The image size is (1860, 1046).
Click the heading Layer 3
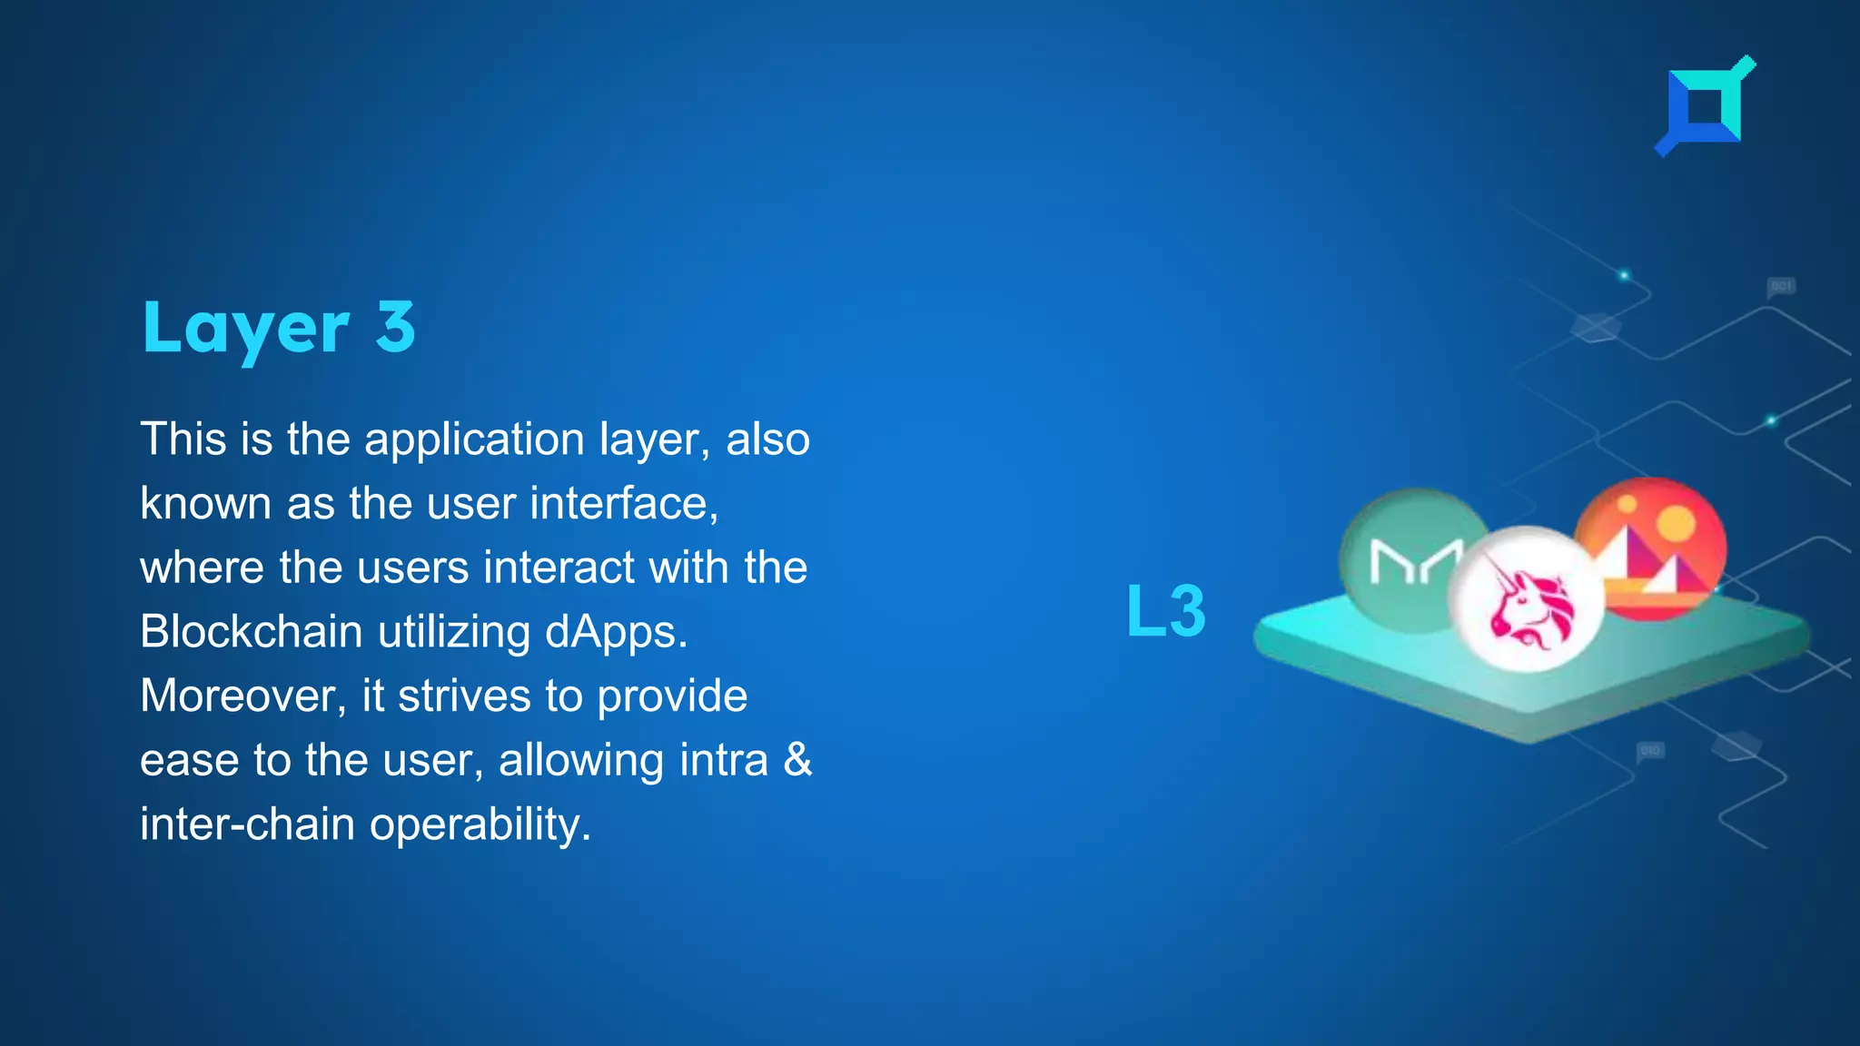point(279,328)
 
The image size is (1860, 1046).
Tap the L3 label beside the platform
point(1166,611)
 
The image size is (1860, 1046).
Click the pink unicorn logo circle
point(1526,599)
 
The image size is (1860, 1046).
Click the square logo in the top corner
point(1705,106)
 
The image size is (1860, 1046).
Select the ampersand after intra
point(797,760)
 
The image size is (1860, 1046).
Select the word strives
point(463,696)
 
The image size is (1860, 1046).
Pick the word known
point(205,504)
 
